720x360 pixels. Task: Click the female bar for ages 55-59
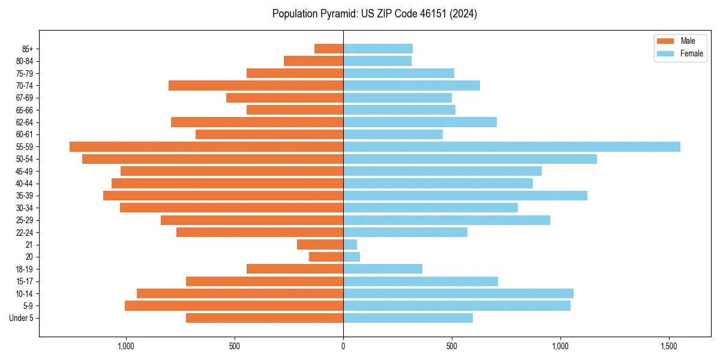pyautogui.click(x=511, y=146)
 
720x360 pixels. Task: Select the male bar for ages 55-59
pyautogui.click(x=206, y=146)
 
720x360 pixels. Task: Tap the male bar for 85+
pyautogui.click(x=329, y=49)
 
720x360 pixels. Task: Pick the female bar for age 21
pyautogui.click(x=350, y=244)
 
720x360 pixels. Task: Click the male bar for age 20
pyautogui.click(x=326, y=257)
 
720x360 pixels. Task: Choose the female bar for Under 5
pyautogui.click(x=408, y=318)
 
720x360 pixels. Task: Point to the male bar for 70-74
pyautogui.click(x=256, y=85)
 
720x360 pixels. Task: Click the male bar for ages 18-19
pyautogui.click(x=295, y=269)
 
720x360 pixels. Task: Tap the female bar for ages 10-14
pyautogui.click(x=458, y=293)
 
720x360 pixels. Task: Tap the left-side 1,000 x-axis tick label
pyautogui.click(x=125, y=346)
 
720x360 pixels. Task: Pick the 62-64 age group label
pyautogui.click(x=25, y=122)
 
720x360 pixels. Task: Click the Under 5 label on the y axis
pyautogui.click(x=22, y=318)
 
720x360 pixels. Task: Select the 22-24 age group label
pyautogui.click(x=25, y=232)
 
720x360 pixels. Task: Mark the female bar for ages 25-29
pyautogui.click(x=446, y=220)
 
